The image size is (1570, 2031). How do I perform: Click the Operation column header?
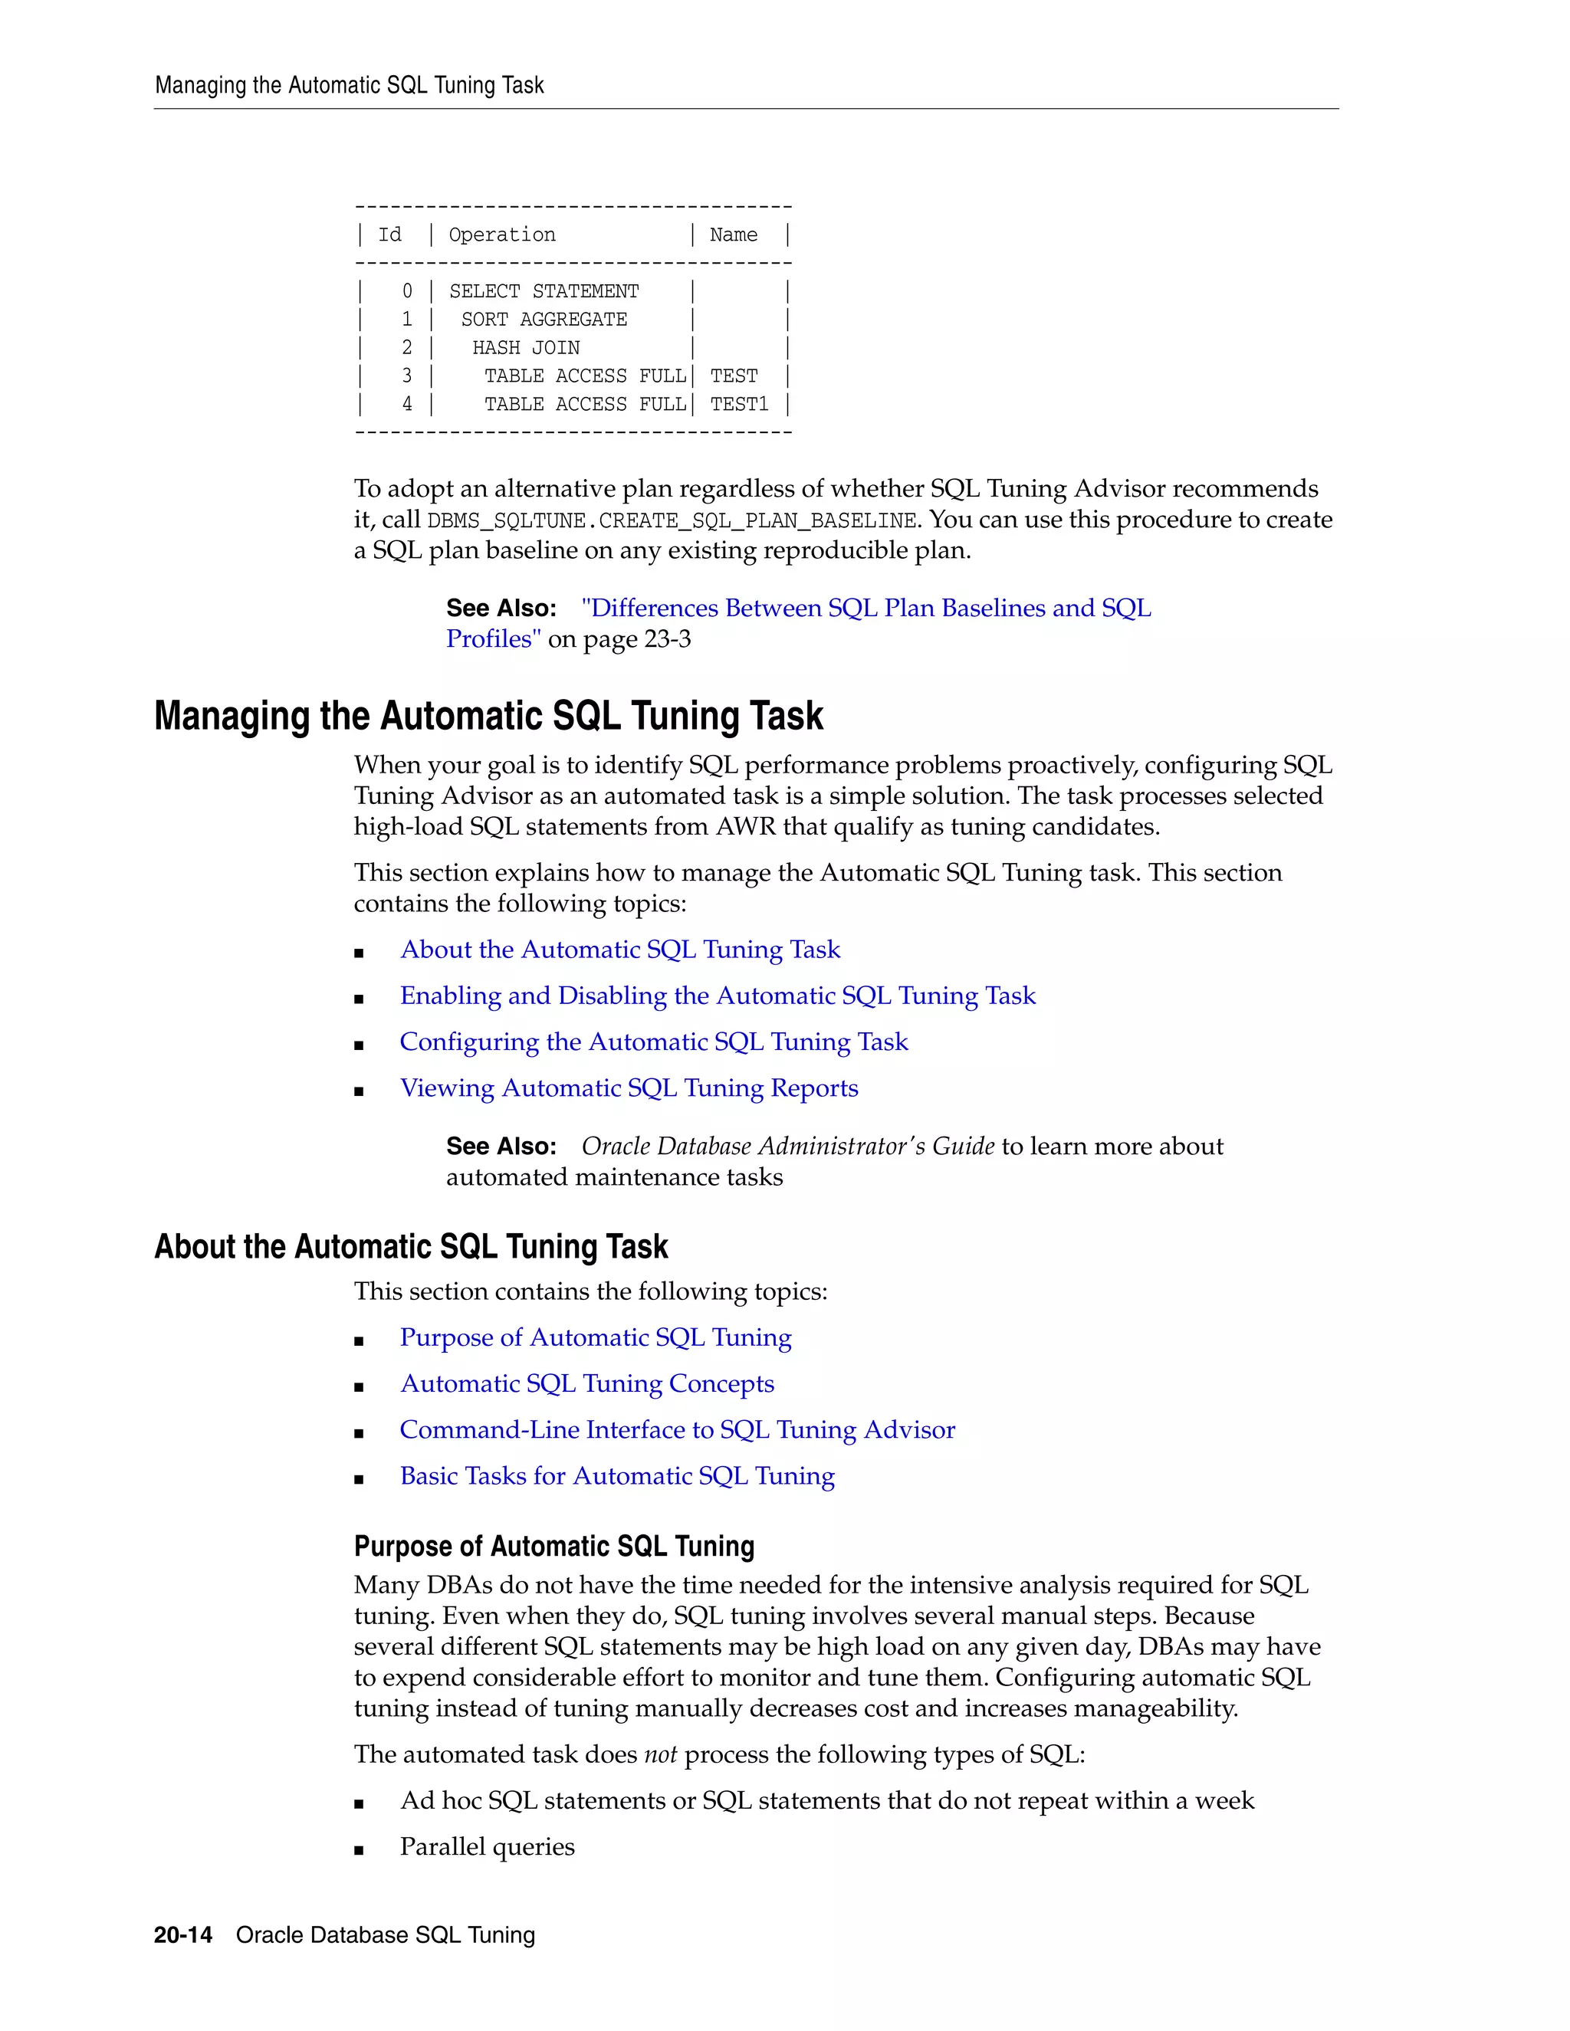[x=502, y=235]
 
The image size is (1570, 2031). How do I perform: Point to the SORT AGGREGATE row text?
[x=544, y=320]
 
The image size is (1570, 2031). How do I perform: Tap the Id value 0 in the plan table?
[x=406, y=291]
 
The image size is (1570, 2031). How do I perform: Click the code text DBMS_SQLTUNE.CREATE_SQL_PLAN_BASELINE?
[x=672, y=520]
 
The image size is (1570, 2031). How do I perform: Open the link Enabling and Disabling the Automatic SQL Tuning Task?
[x=717, y=996]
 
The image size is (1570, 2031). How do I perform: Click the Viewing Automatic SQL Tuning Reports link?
[x=629, y=1088]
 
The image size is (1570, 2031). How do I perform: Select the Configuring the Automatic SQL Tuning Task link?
[x=654, y=1042]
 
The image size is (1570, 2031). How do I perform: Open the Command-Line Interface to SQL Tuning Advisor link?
[x=677, y=1430]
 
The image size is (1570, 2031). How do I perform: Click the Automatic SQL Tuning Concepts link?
[x=587, y=1383]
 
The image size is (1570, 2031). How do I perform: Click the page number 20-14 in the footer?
[x=183, y=1935]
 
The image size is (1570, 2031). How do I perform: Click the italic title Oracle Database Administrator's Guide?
[x=788, y=1147]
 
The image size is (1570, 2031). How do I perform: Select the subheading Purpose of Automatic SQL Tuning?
[x=553, y=1547]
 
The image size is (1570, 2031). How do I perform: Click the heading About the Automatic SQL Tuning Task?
[x=411, y=1247]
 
